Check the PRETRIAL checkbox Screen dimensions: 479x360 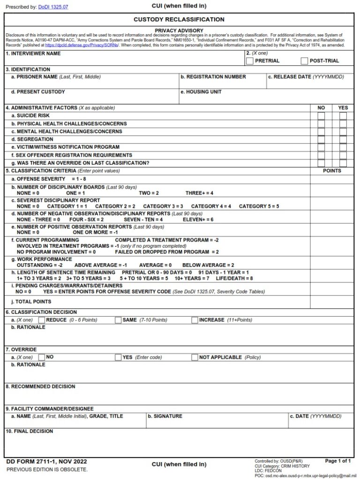click(250, 61)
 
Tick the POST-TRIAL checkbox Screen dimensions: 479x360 click(304, 61)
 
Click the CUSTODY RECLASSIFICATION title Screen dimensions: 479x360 click(179, 20)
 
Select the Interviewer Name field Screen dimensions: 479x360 click(124, 60)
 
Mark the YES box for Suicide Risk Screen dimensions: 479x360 click(343, 116)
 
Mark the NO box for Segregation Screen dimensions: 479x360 click(321, 140)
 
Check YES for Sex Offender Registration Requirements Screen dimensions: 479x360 click(343, 155)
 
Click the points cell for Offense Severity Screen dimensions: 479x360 click(332, 179)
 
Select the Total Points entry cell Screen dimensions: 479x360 click(332, 302)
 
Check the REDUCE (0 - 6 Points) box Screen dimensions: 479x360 click(41, 320)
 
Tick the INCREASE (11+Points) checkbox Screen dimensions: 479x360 click(195, 320)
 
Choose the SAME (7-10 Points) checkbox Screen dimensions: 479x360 click(118, 320)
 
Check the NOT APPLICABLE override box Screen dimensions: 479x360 click(195, 357)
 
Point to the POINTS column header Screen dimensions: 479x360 click(332, 171)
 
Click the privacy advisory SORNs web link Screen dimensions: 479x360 click(82, 46)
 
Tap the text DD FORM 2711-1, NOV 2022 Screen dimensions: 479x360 click(46, 462)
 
